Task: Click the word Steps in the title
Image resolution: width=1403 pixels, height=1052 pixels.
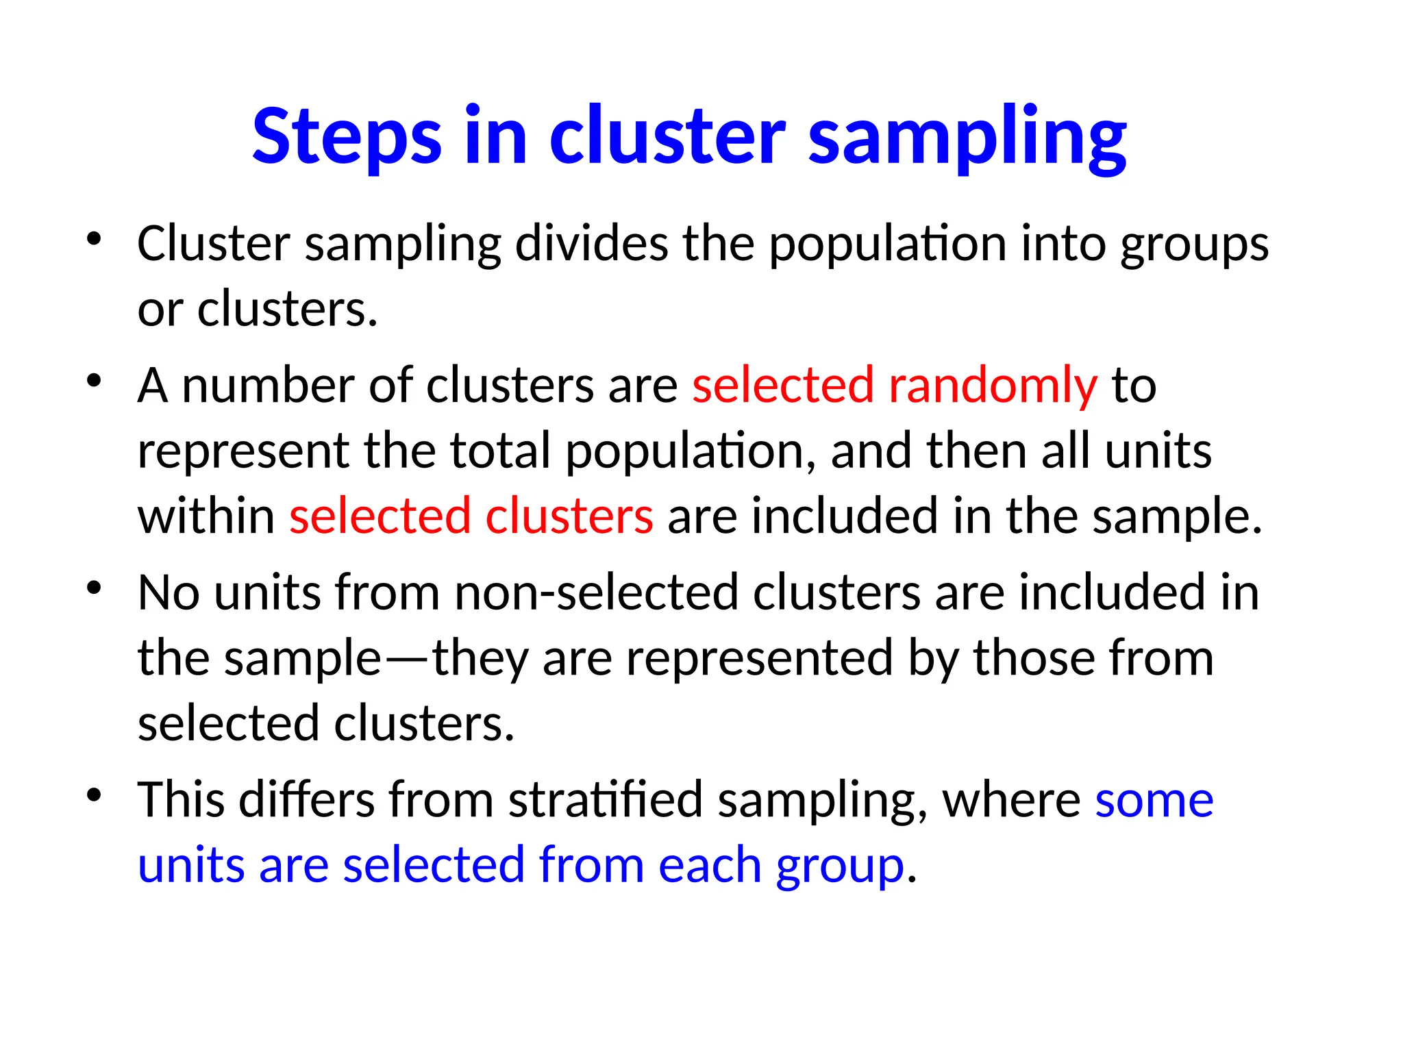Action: (x=347, y=137)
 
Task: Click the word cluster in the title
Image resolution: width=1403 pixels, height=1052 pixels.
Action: (x=667, y=137)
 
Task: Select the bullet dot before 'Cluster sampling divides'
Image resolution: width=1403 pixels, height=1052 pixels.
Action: (x=95, y=240)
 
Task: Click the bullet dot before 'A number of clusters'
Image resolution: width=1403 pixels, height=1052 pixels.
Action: (x=95, y=381)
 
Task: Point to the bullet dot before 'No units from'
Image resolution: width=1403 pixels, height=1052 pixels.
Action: (x=95, y=588)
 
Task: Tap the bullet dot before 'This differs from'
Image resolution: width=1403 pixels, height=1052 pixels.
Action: (x=95, y=795)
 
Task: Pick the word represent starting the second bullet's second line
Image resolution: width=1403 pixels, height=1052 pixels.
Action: (x=243, y=452)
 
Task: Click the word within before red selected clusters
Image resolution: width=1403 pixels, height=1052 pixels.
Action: (x=206, y=516)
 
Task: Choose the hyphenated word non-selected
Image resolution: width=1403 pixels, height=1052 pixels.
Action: (x=596, y=592)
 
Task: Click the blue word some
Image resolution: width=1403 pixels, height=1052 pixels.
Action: (x=1154, y=801)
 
